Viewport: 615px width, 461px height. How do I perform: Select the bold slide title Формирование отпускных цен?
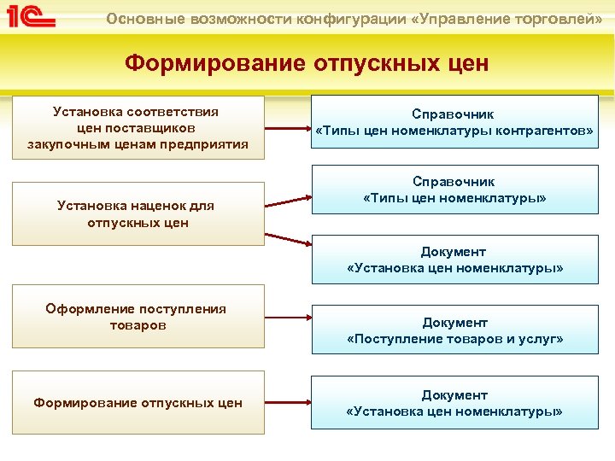pos(307,64)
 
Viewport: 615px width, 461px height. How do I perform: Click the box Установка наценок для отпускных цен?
pos(138,213)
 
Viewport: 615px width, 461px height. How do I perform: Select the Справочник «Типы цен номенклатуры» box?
pos(454,190)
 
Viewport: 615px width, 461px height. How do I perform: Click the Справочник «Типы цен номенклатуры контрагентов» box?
pos(454,122)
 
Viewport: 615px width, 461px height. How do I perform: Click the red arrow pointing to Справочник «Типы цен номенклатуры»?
pos(288,201)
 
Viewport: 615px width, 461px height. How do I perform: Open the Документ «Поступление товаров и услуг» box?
pos(454,330)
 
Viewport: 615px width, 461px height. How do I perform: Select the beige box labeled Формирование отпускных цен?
pos(138,403)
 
